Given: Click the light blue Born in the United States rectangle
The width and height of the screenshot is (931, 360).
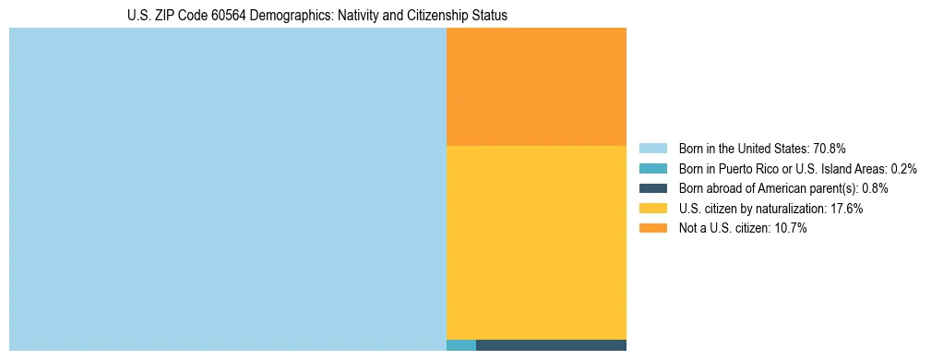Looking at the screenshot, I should (227, 189).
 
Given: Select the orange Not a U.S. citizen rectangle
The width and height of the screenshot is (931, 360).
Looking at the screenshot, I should (536, 87).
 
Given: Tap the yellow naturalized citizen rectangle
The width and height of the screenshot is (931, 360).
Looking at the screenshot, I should (536, 243).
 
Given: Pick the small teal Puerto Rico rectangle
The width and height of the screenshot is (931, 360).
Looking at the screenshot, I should (460, 345).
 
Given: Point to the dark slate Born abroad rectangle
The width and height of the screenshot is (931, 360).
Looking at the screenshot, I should (551, 345).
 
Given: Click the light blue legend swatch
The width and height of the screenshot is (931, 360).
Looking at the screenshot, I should (652, 149).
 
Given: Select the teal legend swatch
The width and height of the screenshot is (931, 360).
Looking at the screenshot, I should (652, 169).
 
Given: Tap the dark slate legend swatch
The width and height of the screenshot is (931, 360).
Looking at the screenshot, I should (652, 188).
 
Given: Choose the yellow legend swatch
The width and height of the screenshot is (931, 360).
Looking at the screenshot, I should (652, 209).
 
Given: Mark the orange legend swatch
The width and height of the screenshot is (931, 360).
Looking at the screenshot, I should (652, 228).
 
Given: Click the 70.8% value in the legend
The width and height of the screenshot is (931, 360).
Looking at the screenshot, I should (830, 149).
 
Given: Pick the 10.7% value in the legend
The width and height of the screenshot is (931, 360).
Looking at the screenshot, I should (790, 228).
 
